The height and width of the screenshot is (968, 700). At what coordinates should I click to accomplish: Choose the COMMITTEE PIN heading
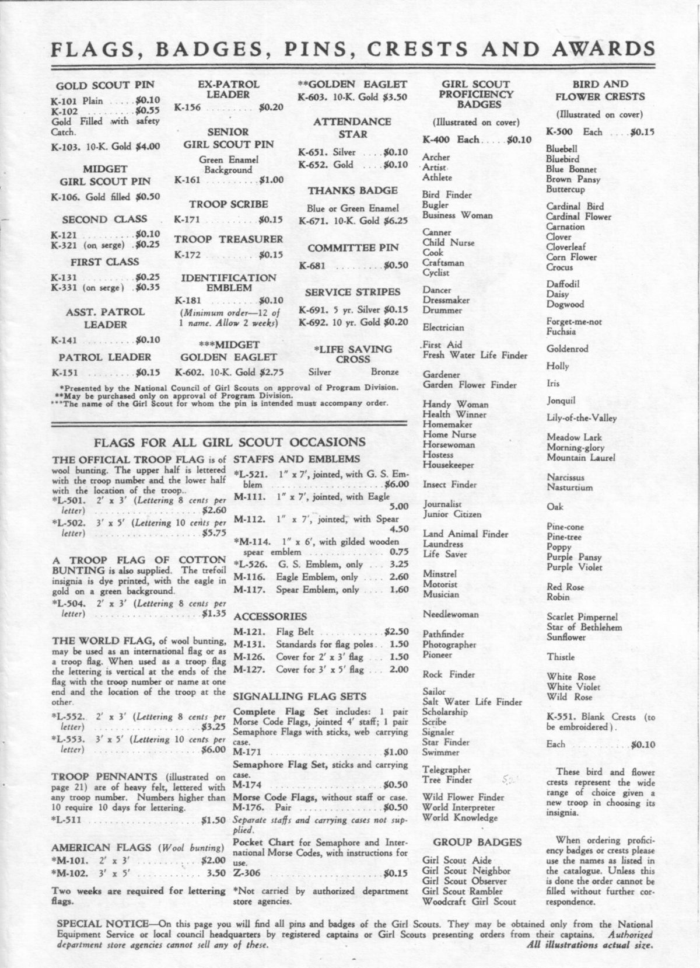tap(353, 248)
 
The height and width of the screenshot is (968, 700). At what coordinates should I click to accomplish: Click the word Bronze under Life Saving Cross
tap(385, 372)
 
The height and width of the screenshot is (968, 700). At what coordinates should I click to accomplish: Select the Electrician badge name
tap(443, 328)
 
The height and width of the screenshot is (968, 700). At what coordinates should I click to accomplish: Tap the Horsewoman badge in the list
tap(448, 444)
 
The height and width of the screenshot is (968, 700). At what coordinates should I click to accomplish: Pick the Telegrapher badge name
tap(446, 769)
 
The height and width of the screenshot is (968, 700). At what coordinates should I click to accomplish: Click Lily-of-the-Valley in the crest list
tap(581, 418)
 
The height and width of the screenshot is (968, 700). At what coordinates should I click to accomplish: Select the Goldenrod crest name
tap(567, 349)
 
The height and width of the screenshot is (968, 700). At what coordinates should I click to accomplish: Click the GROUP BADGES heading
tap(477, 842)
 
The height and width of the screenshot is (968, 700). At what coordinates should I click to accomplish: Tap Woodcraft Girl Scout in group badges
tap(469, 901)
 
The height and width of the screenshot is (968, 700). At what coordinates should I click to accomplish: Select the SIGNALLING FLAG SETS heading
tap(299, 696)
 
